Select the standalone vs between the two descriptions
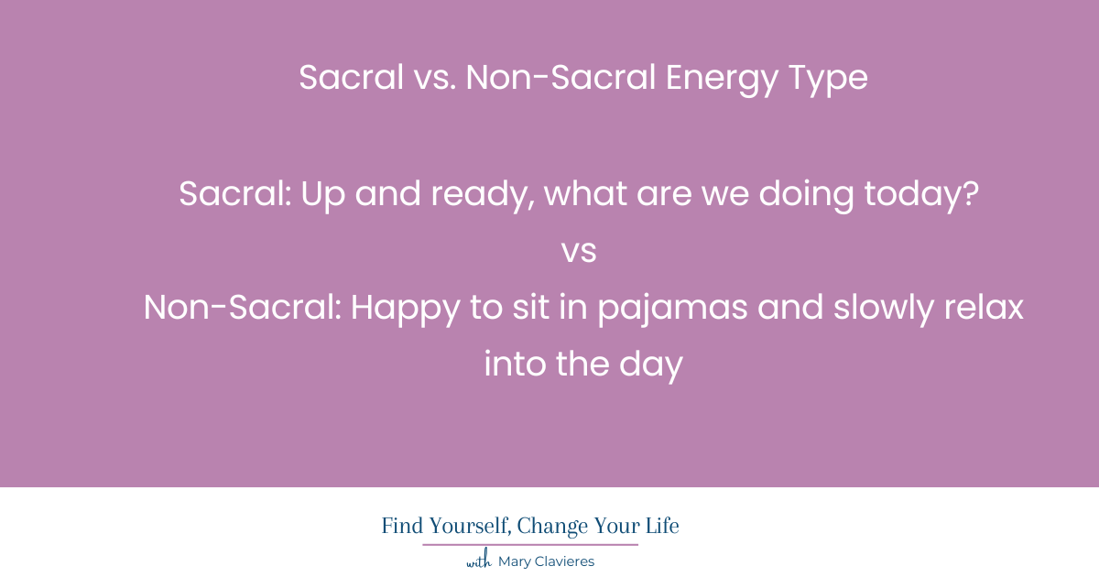pos(579,252)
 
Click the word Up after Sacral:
pos(322,196)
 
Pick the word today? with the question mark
pos(921,196)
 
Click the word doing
pos(806,196)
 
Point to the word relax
pos(984,308)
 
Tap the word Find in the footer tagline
pos(402,526)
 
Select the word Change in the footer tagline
pos(552,527)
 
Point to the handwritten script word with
pos(479,560)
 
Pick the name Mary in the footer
pos(513,562)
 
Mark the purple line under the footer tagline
pos(530,545)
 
